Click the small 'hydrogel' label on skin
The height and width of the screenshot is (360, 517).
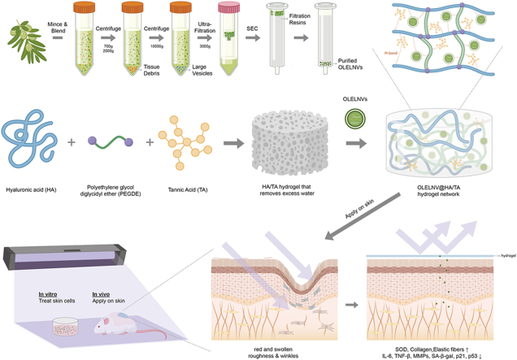point(503,255)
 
